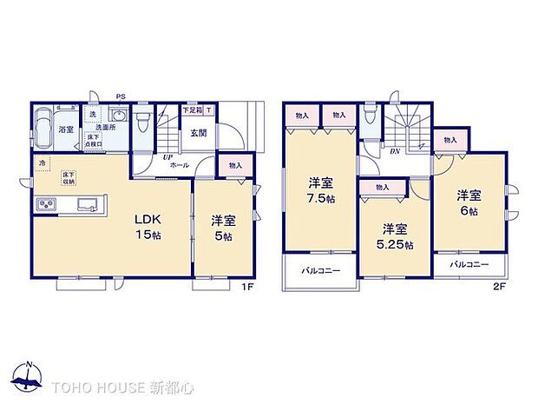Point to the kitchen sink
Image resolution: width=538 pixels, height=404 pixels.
(x=88, y=205)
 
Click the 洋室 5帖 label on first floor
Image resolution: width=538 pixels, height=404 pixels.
(x=222, y=228)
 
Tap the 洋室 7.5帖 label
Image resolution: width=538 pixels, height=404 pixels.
(x=319, y=191)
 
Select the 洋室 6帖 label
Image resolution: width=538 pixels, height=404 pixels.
(x=470, y=202)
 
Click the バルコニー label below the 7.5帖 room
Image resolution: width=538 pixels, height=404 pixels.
(x=320, y=271)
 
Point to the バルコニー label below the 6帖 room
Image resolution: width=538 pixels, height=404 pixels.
(x=469, y=264)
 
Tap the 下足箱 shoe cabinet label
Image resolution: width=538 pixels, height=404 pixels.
(x=192, y=110)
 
